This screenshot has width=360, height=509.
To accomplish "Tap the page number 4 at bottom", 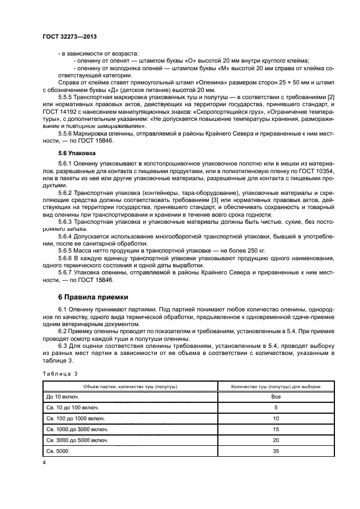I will tap(44, 462).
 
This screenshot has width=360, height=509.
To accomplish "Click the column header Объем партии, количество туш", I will tap(130, 386).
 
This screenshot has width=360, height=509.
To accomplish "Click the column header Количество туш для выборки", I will tap(276, 386).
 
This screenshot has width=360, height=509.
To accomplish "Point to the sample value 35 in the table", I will tap(276, 451).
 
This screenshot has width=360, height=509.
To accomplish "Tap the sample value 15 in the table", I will tap(276, 429).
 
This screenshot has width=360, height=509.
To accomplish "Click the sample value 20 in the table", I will tap(276, 440).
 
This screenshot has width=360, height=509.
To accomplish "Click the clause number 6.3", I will tap(63, 348).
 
